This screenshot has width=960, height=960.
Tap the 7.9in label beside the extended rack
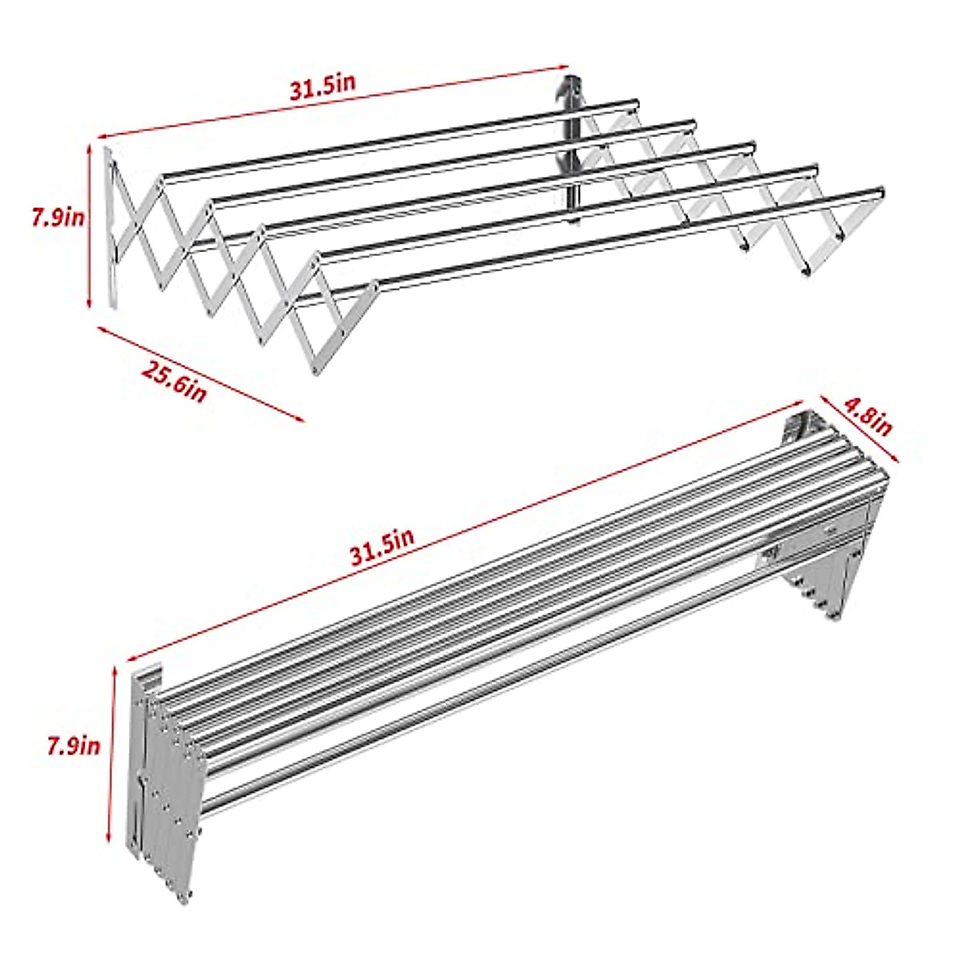coord(57,218)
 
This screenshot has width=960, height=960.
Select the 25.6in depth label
coord(174,380)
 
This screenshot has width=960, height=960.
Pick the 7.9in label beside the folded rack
coord(73,746)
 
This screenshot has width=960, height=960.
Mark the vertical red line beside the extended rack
coord(90,224)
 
